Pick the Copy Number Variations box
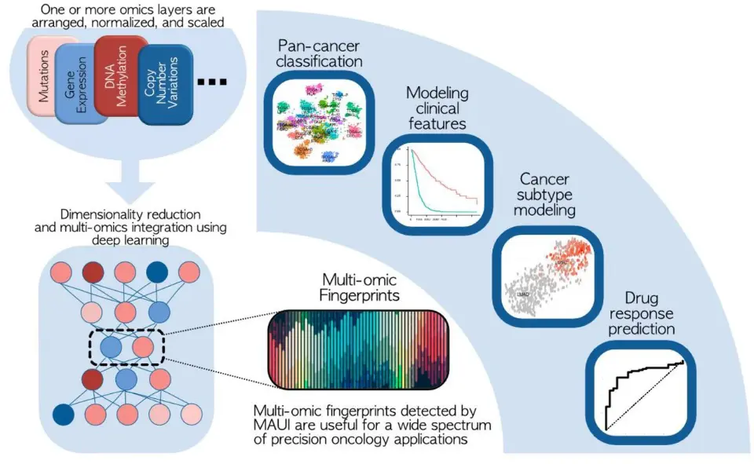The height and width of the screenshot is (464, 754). [x=164, y=86]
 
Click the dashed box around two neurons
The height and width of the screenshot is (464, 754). [x=125, y=348]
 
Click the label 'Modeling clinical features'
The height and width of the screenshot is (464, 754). [x=437, y=108]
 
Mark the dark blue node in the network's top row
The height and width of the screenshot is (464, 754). [x=157, y=271]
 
